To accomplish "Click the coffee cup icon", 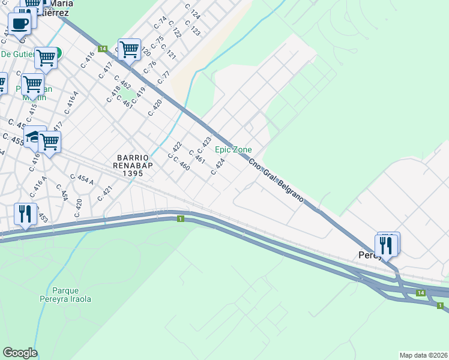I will pyautogui.click(x=19, y=25).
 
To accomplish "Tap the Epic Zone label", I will pyautogui.click(x=234, y=149).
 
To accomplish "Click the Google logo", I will pyautogui.click(x=20, y=353).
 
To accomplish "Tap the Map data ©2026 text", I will pyautogui.click(x=423, y=355).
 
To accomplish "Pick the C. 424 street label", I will pyautogui.click(x=218, y=167).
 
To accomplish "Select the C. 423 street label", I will pyautogui.click(x=204, y=145).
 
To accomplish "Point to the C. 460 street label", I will pyautogui.click(x=181, y=163).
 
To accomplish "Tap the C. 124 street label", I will pyautogui.click(x=192, y=11).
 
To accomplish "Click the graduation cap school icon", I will pyautogui.click(x=34, y=137).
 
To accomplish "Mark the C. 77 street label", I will pyautogui.click(x=164, y=77).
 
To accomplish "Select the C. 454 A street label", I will pyautogui.click(x=82, y=179).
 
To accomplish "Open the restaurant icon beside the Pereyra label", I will pyautogui.click(x=385, y=245).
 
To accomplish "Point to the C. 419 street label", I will pyautogui.click(x=139, y=94).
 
